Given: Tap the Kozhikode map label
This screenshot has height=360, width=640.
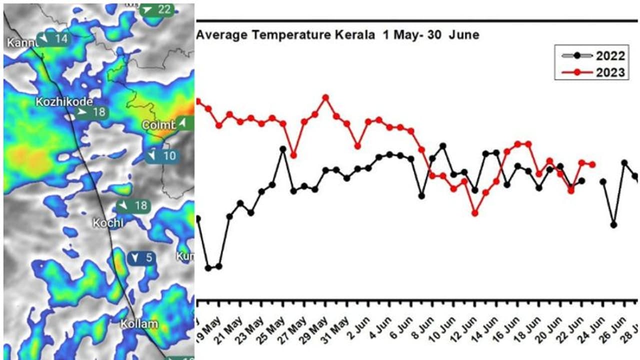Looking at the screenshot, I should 63,101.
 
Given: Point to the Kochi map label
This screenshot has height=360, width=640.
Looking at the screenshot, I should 108,223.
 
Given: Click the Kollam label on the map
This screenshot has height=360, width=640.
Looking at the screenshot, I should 139,323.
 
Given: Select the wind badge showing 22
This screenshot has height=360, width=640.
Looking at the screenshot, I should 157,9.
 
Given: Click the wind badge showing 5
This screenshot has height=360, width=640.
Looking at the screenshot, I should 142,258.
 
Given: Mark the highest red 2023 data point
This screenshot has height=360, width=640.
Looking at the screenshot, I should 326,97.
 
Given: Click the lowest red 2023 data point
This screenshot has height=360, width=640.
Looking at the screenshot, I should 475,213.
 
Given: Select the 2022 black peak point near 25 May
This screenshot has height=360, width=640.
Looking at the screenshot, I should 283,149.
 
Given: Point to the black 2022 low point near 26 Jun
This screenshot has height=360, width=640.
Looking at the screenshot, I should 613,225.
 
